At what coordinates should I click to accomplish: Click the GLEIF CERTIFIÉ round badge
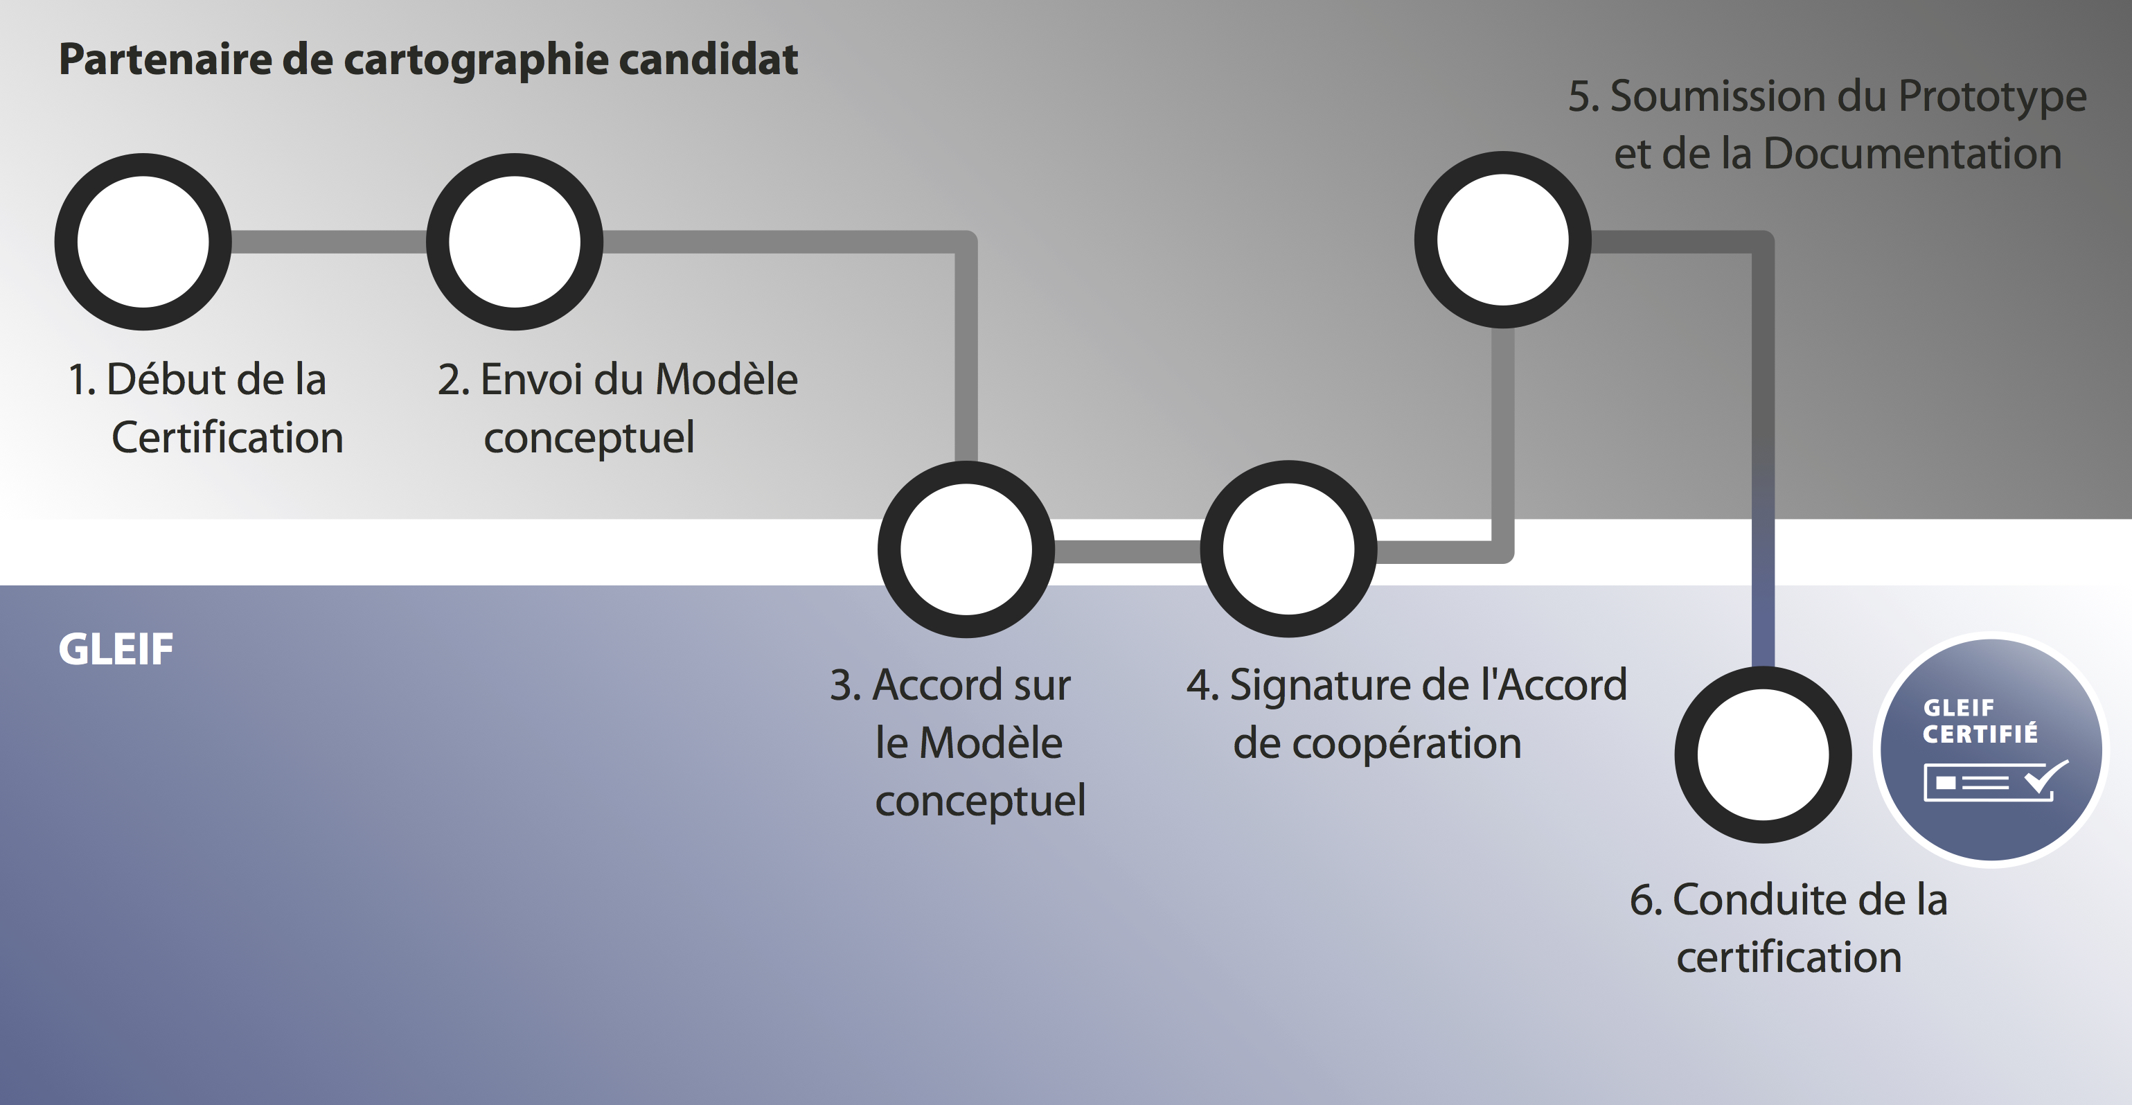[1991, 750]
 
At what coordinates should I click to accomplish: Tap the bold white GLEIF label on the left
[116, 649]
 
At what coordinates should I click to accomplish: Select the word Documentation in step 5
[1912, 154]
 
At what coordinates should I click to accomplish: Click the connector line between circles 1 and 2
[328, 242]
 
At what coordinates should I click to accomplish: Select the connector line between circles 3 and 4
[1127, 551]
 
